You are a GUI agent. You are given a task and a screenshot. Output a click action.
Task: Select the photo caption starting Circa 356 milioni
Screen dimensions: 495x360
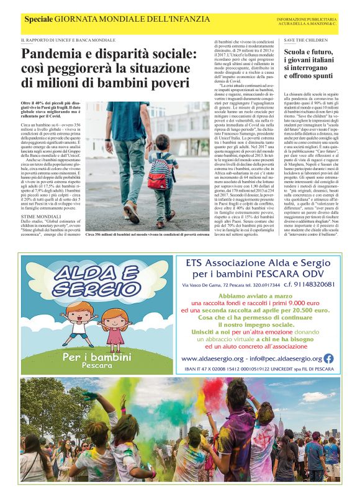pos(146,235)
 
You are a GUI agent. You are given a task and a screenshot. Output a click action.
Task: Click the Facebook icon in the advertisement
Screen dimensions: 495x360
pos(328,358)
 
